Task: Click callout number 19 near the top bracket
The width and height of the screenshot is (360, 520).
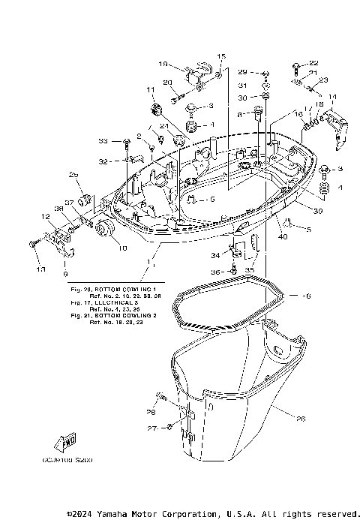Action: (x=164, y=65)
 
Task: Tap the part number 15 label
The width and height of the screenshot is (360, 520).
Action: (x=221, y=57)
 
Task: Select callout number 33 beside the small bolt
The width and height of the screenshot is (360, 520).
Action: (x=103, y=140)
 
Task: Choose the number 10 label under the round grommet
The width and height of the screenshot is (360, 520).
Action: (x=101, y=248)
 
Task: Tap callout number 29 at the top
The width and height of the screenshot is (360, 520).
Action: (x=242, y=71)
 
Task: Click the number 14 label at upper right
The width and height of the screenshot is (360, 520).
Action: (x=333, y=96)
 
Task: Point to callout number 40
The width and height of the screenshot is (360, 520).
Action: (x=283, y=238)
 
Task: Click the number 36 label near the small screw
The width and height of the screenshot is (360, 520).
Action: (x=214, y=272)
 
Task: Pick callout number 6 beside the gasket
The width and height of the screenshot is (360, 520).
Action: (x=307, y=297)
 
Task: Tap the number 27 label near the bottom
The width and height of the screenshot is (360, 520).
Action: (x=152, y=428)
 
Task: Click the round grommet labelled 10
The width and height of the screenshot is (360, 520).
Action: (x=103, y=230)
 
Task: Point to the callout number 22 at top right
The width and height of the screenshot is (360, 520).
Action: (x=313, y=63)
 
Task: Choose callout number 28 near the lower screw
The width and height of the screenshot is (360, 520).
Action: (x=151, y=411)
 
